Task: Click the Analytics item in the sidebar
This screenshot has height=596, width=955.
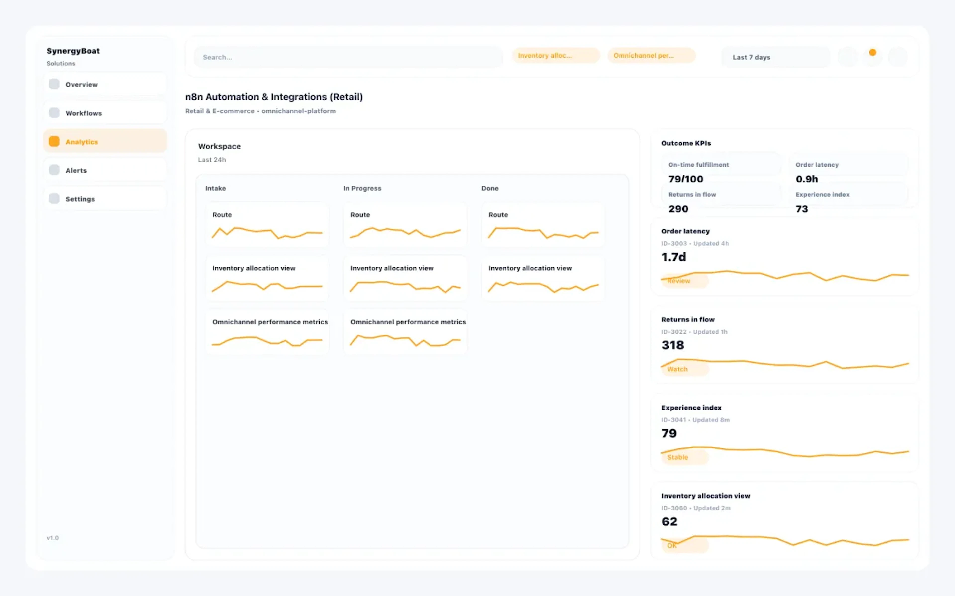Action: [104, 142]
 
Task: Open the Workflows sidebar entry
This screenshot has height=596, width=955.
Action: [104, 113]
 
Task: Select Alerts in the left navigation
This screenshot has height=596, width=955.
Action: [104, 170]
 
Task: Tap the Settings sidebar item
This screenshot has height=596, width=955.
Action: [104, 199]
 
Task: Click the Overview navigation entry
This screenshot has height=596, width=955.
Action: [104, 84]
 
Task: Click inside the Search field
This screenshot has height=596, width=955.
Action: [347, 57]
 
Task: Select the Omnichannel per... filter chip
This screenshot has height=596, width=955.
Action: [651, 56]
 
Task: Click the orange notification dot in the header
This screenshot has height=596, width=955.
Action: [872, 52]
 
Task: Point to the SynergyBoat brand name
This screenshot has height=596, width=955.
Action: [73, 51]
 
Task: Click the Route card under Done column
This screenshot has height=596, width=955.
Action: [543, 225]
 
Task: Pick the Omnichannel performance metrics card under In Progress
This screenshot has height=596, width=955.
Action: [405, 332]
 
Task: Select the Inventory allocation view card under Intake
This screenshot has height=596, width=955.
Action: [267, 278]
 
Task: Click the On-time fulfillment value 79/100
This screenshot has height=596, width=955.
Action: [685, 179]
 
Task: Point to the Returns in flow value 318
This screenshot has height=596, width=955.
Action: [672, 345]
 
